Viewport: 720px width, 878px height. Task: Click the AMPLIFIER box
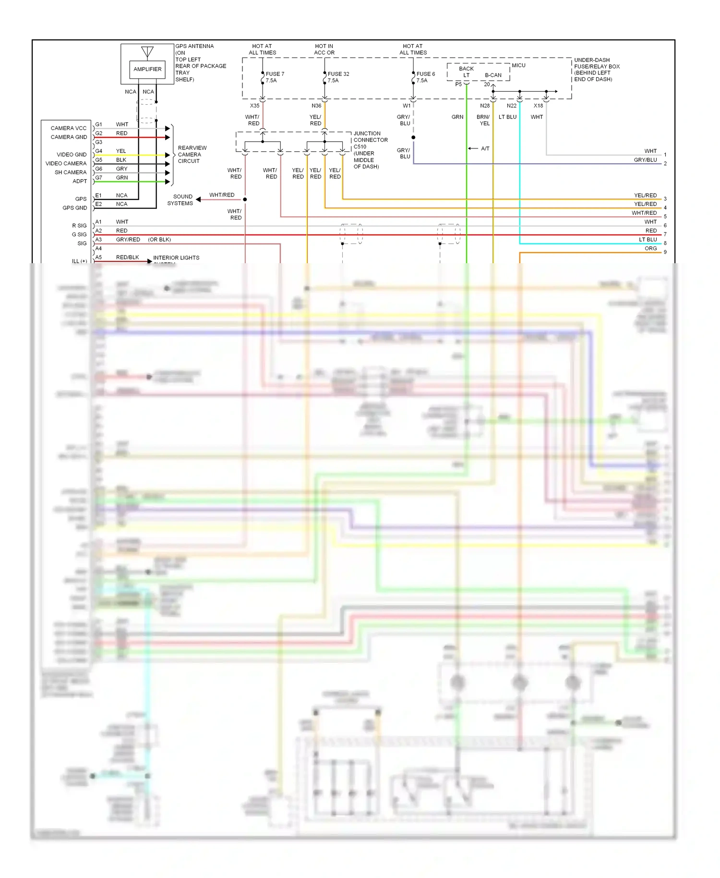click(147, 69)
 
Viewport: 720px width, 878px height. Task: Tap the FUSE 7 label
click(275, 74)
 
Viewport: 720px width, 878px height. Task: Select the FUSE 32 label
click(338, 74)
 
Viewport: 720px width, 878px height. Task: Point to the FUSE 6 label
click(425, 74)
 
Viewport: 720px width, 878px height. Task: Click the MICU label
click(518, 65)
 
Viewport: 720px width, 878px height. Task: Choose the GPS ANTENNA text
click(194, 46)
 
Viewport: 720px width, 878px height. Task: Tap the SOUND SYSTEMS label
click(180, 200)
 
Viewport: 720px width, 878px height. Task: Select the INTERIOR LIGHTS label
click(176, 258)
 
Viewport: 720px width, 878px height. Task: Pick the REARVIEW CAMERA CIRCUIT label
click(192, 154)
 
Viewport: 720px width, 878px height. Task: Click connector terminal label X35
click(254, 106)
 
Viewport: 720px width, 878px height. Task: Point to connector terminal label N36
click(316, 106)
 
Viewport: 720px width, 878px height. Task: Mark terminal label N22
click(512, 106)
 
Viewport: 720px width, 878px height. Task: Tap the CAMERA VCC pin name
click(69, 128)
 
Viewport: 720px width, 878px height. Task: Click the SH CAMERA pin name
click(71, 172)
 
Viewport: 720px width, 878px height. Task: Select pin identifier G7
click(98, 178)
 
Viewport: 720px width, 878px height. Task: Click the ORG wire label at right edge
click(650, 248)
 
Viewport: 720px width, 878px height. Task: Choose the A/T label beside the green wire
click(485, 148)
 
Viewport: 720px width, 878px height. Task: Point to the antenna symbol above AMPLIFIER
click(147, 52)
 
